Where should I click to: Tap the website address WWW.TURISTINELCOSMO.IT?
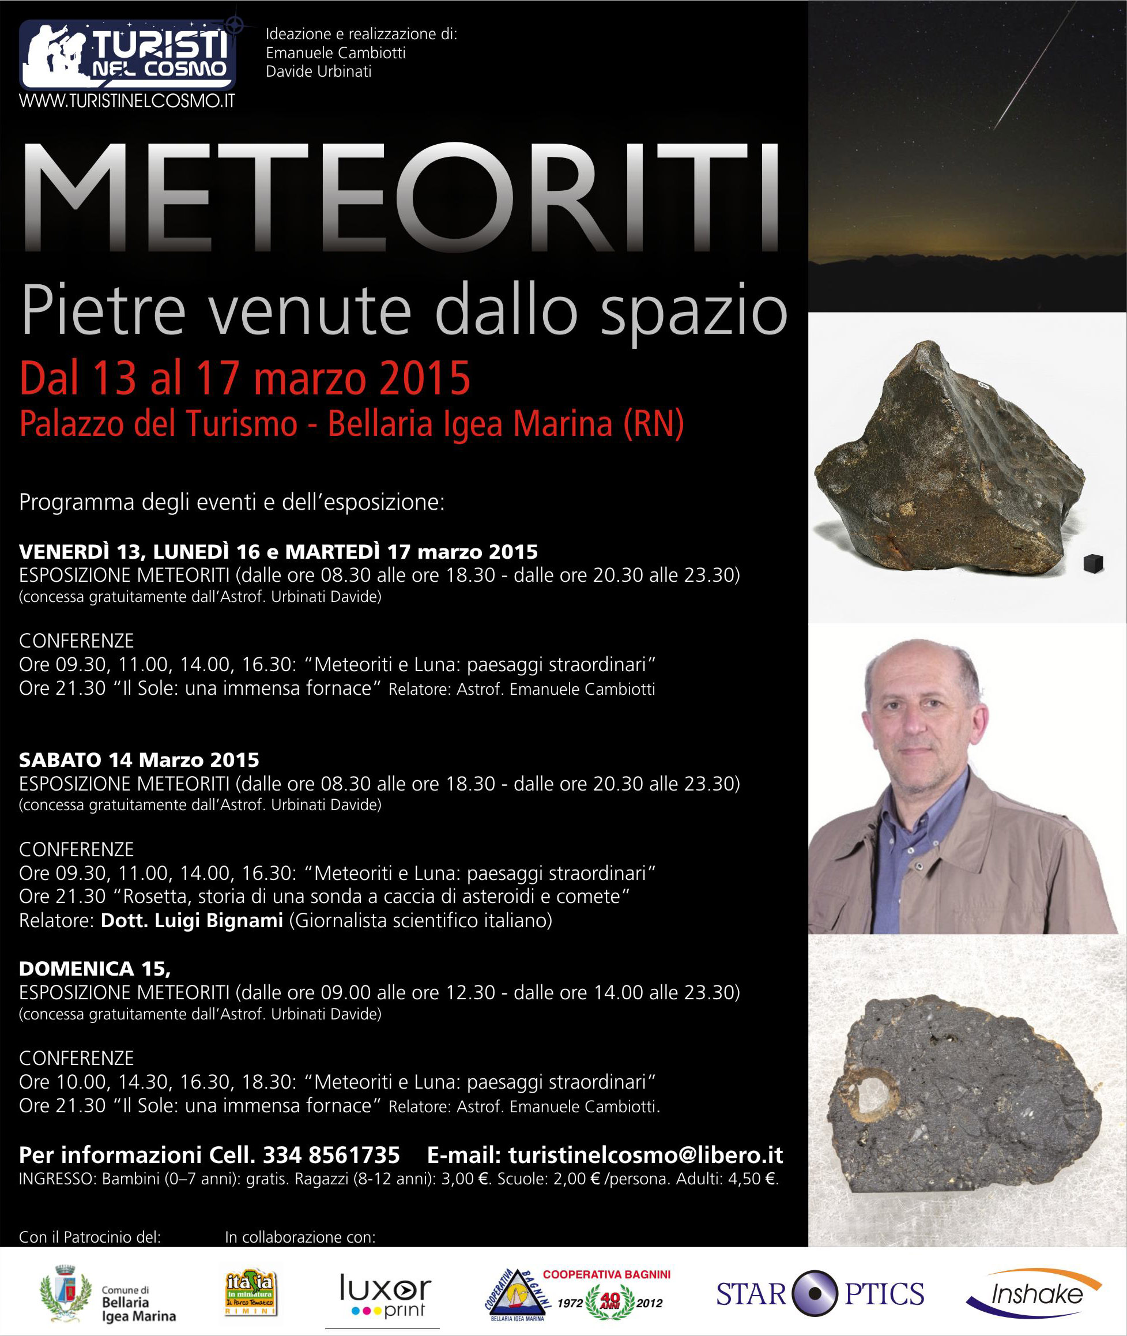click(127, 101)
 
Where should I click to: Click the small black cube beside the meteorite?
click(1093, 563)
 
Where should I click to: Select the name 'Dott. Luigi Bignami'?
click(191, 920)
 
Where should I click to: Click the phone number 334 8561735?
click(331, 1155)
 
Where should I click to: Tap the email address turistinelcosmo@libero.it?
click(645, 1155)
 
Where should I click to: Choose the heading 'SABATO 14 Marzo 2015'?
click(138, 760)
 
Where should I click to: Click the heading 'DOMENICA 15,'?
click(95, 969)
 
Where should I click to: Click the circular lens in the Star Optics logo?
click(815, 1294)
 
